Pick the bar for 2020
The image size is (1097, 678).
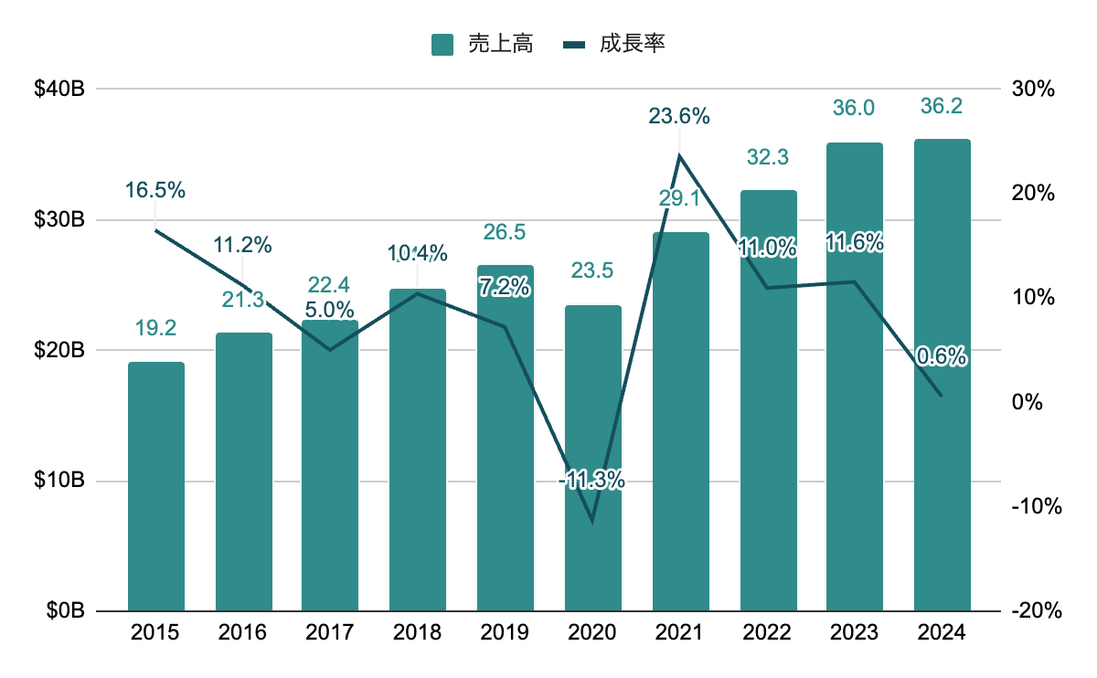point(593,458)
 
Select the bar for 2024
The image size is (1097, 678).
point(943,375)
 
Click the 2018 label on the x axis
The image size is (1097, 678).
point(418,632)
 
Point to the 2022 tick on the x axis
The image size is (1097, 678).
point(768,632)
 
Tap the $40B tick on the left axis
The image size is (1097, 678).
point(60,90)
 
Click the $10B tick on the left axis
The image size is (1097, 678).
point(60,481)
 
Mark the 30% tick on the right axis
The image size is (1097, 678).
point(1034,90)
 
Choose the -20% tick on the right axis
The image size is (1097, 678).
point(1032,611)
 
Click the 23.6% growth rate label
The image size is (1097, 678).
point(679,116)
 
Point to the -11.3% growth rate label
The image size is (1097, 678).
point(592,479)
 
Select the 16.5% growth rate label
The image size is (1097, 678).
point(156,190)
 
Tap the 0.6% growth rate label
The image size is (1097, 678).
point(943,357)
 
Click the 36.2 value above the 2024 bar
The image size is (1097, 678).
point(943,107)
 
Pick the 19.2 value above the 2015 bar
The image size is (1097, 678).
point(156,328)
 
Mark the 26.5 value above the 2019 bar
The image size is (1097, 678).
point(506,232)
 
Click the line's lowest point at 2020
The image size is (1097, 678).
point(593,522)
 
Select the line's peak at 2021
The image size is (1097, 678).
point(680,155)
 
